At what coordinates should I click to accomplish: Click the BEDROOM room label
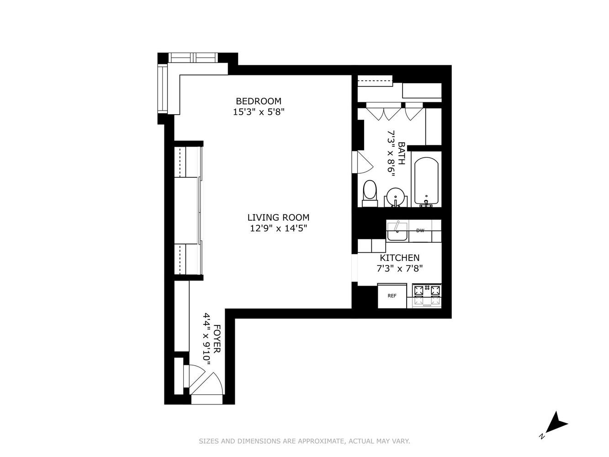[258, 101]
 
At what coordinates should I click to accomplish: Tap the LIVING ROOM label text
[278, 217]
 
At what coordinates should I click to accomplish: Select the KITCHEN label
[399, 258]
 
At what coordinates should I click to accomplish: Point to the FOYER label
[217, 339]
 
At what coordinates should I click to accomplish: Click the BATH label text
[401, 153]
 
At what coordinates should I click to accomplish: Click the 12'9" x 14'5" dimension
[278, 228]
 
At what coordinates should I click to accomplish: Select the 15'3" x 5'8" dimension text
[259, 112]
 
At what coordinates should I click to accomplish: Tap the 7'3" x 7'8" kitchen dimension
[399, 269]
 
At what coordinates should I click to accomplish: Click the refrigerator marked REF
[392, 296]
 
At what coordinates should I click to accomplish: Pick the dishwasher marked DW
[420, 231]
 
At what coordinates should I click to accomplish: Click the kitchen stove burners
[427, 295]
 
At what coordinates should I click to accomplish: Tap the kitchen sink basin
[397, 231]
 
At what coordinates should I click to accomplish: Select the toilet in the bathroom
[370, 193]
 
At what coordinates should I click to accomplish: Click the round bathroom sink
[396, 197]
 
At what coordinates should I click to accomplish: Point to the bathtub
[426, 182]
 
